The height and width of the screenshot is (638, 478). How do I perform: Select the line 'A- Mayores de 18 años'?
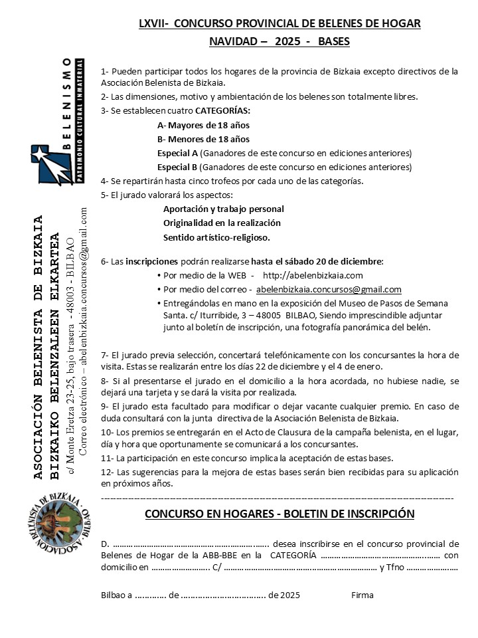click(203, 125)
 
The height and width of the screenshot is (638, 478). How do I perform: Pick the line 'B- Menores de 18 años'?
click(203, 139)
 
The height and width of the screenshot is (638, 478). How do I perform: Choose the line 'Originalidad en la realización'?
click(222, 223)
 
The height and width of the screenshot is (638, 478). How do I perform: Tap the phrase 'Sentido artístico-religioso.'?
click(216, 237)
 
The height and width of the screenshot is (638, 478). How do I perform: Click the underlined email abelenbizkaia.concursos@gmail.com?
click(329, 289)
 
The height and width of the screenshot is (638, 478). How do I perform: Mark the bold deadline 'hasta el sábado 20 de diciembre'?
click(317, 261)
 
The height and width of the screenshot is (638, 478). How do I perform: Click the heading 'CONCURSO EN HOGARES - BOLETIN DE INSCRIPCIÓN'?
click(279, 514)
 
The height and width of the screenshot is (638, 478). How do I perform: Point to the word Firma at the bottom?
click(362, 595)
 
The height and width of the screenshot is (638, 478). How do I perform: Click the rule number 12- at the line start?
click(106, 472)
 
